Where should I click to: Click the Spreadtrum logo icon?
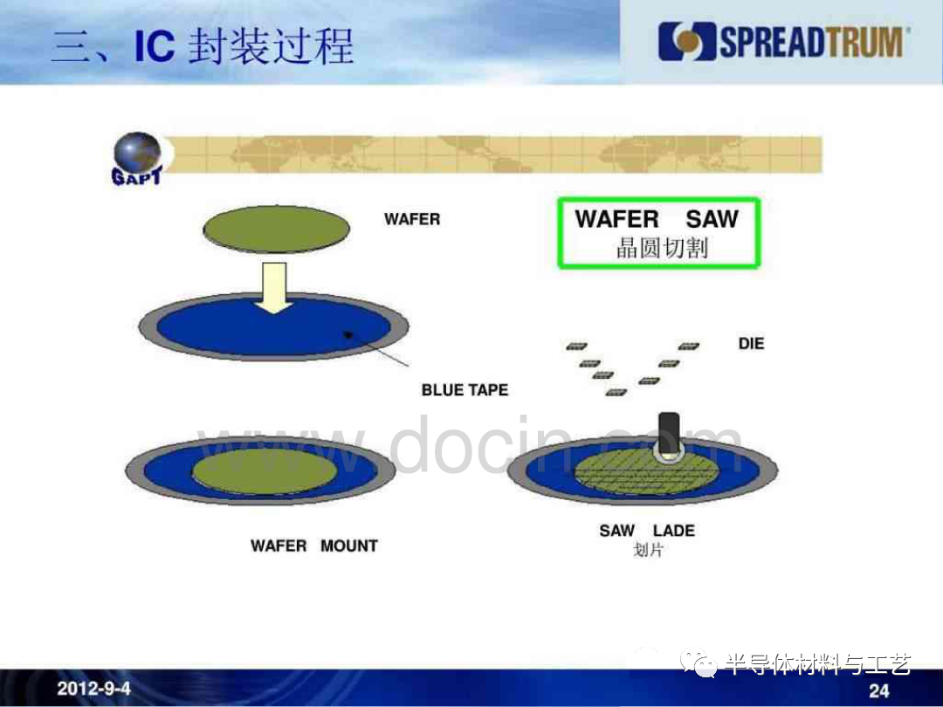tap(687, 41)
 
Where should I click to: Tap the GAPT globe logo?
tap(138, 158)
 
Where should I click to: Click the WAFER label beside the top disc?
tap(412, 219)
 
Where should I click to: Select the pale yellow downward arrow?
tap(274, 288)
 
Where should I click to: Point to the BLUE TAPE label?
tap(465, 390)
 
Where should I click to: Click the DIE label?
tap(751, 344)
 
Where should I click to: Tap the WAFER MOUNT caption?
tap(314, 546)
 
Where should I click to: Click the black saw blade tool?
tap(670, 434)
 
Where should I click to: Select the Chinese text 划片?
tap(648, 550)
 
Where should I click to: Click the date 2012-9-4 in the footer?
tap(93, 689)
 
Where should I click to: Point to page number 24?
tap(878, 690)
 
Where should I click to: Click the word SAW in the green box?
tap(712, 219)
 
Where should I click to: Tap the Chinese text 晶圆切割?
tap(662, 248)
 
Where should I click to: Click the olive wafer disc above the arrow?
tap(277, 229)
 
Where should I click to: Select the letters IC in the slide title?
tap(155, 47)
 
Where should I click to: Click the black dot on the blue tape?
tap(348, 334)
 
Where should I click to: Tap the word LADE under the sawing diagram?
tap(673, 531)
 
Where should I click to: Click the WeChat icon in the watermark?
tap(699, 663)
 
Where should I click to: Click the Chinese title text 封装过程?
tap(272, 47)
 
